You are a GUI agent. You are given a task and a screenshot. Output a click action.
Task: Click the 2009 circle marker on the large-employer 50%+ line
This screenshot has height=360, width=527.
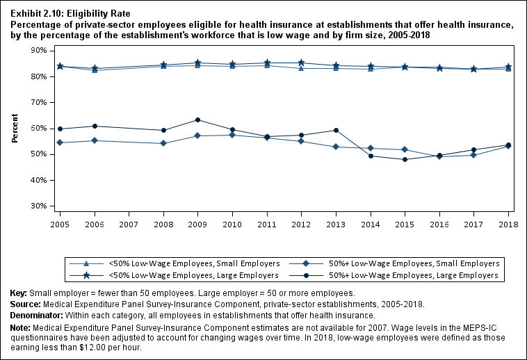pyautogui.click(x=197, y=120)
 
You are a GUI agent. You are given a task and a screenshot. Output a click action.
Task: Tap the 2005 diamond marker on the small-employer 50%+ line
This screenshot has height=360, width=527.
pyautogui.click(x=60, y=142)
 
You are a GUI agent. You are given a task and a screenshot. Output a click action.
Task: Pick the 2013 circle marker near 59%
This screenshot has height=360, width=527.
pyautogui.click(x=336, y=130)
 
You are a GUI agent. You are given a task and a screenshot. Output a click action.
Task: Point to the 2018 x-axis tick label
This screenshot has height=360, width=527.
pyautogui.click(x=509, y=225)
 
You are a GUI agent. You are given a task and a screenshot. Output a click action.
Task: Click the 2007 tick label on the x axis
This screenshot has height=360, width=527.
pyautogui.click(x=129, y=225)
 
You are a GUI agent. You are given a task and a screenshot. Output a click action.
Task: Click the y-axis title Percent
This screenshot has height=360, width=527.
pyautogui.click(x=15, y=129)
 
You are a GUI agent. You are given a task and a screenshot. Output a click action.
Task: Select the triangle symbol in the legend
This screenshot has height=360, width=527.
pyautogui.click(x=86, y=263)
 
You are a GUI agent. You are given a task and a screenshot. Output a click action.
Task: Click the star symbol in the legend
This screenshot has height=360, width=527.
pyautogui.click(x=86, y=275)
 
